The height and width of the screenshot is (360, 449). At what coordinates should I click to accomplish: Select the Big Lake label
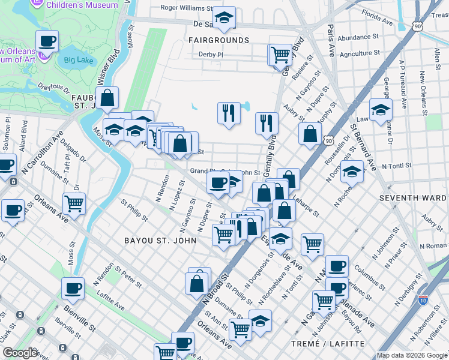point(77,60)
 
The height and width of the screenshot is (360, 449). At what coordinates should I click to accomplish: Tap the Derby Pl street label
point(211,55)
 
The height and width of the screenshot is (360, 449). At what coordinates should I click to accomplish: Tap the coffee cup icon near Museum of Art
point(47,41)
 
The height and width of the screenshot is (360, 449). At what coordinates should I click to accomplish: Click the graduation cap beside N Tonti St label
point(352,171)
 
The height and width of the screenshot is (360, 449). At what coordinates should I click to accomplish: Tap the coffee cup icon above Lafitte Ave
point(73,288)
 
